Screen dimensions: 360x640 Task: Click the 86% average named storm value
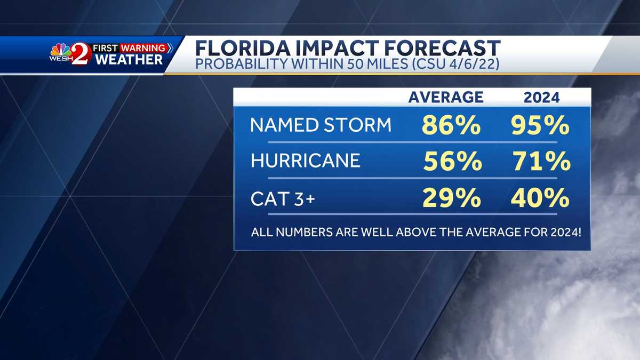451,126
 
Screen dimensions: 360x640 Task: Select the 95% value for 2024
539,126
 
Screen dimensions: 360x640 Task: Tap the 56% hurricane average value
452,162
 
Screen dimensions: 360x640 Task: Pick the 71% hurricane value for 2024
540,162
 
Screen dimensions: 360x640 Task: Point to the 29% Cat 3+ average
451,198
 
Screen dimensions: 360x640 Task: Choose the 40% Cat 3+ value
539,198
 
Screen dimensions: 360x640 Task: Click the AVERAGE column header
446,97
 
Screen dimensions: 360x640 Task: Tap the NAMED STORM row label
321,125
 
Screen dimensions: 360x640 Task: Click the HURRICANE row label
306,161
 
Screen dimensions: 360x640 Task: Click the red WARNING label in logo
142,48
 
